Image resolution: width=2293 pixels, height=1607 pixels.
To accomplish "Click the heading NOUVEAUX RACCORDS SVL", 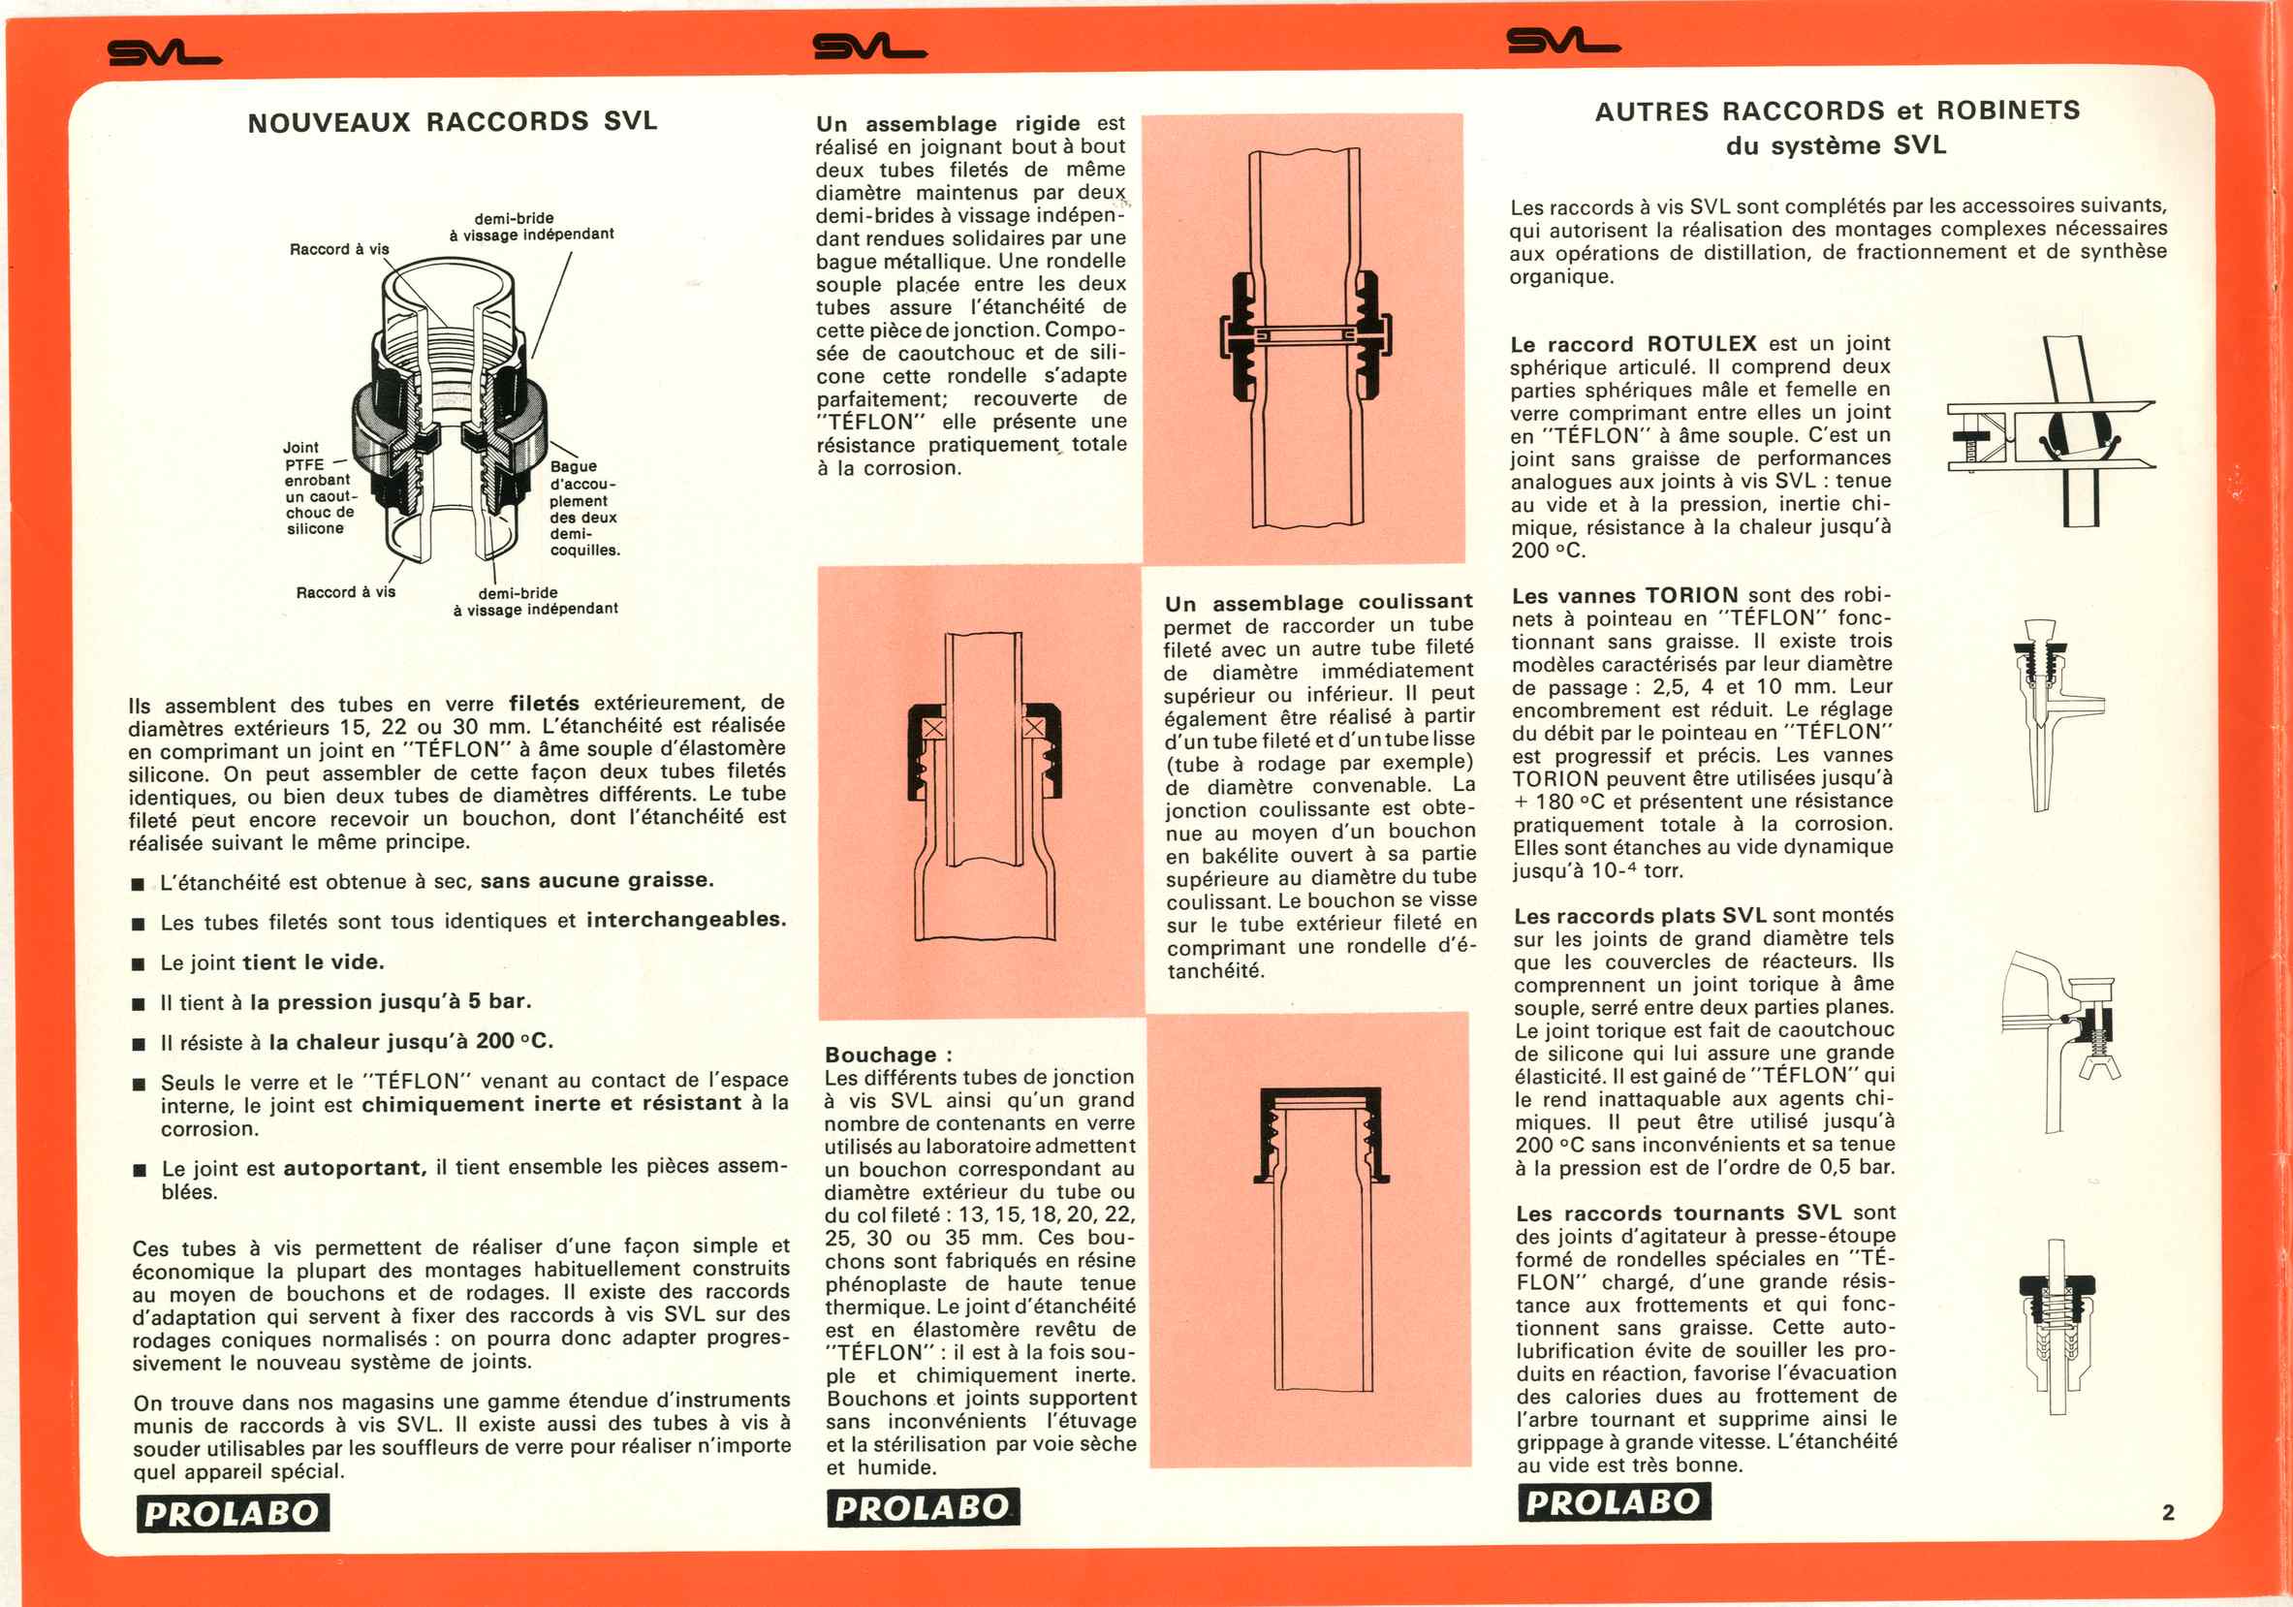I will tap(453, 122).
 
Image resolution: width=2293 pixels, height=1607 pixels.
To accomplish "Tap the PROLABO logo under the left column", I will tap(233, 1513).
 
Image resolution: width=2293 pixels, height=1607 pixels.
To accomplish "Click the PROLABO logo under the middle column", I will tap(922, 1507).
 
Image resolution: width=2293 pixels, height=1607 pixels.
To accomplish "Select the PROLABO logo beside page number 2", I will tap(1613, 1501).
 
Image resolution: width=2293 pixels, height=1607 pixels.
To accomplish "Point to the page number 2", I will tap(2167, 1512).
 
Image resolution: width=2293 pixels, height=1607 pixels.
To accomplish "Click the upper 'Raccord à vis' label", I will tap(338, 249).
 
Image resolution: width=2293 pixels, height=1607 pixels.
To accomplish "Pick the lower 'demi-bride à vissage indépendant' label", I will tap(534, 600).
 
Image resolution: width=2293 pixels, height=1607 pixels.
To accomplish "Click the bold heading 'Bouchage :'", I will tap(888, 1055).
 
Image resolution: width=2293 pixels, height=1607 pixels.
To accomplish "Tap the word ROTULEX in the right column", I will tap(1701, 343).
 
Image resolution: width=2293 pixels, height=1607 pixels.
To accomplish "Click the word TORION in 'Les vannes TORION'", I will tap(1692, 595).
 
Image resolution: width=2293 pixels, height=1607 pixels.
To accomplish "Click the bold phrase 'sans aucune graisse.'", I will tap(596, 880).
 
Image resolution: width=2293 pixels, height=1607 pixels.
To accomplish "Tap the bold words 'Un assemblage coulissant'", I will tap(1317, 602).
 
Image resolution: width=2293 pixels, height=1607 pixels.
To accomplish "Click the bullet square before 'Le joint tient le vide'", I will tap(139, 963).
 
